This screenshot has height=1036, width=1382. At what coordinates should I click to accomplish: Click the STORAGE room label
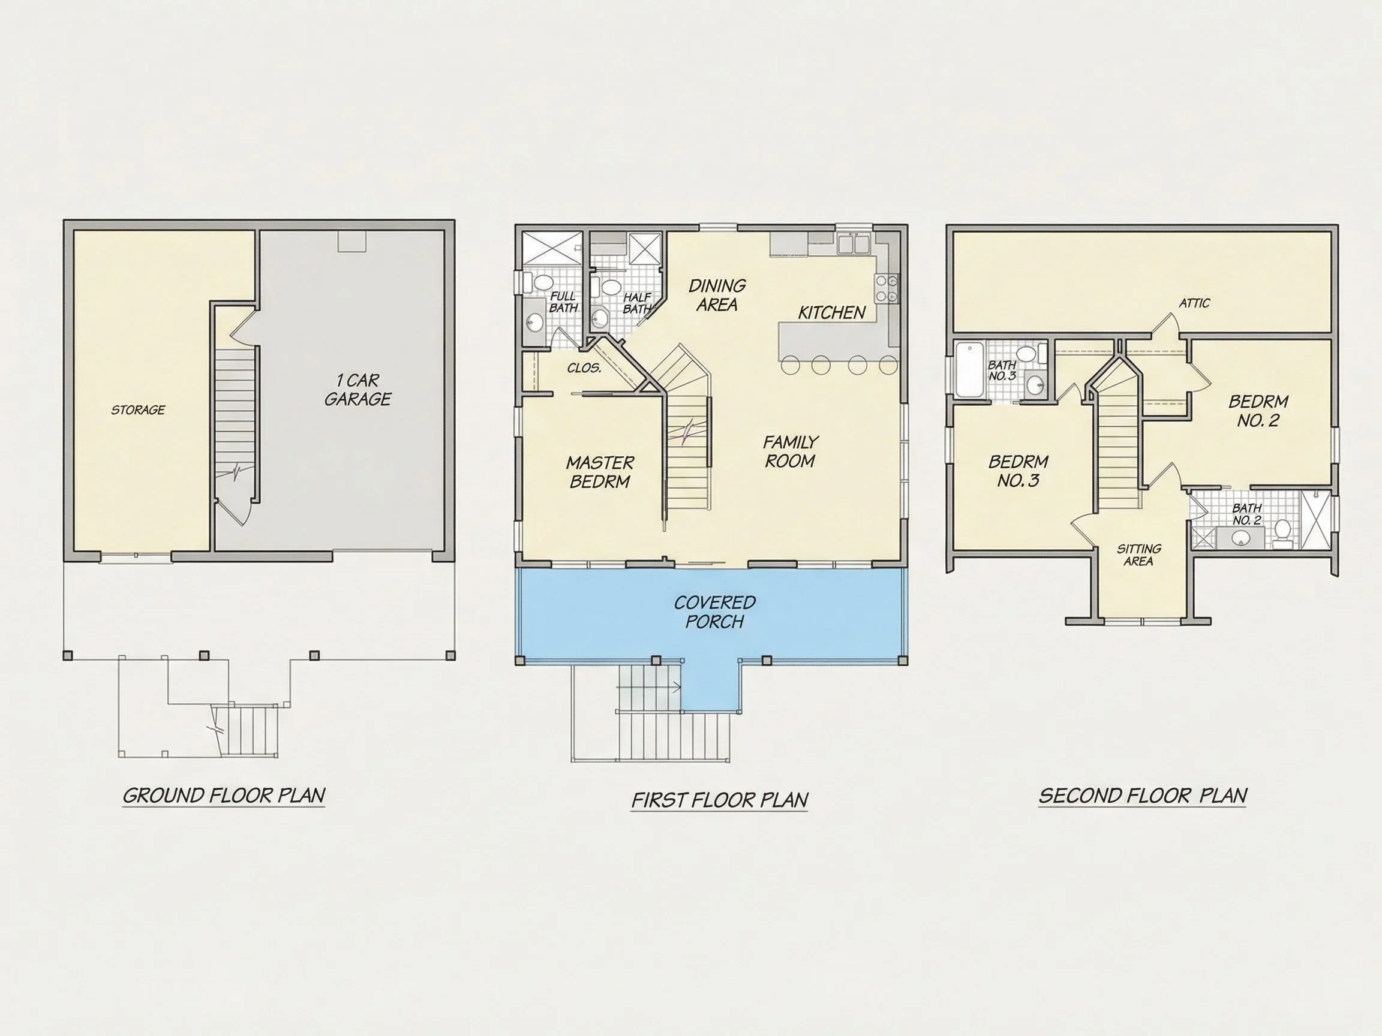coord(138,410)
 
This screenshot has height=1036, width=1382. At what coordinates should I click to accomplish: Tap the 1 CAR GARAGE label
coord(358,390)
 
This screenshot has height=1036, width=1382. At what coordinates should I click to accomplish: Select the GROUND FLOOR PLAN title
coord(224,796)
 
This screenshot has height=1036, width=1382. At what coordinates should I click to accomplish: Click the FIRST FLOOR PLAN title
coord(720,800)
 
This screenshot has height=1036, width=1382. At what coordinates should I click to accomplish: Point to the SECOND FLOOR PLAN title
coord(1143,796)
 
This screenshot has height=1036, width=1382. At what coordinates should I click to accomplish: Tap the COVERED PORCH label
coord(715,612)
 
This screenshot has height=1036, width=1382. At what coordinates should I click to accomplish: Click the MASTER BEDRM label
coord(600,472)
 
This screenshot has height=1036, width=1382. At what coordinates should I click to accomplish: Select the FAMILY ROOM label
coord(791,451)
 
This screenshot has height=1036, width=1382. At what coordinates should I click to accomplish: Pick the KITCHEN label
coord(832,313)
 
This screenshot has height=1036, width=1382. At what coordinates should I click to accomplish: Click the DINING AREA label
coord(717,296)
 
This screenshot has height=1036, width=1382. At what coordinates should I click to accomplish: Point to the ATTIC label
coord(1195,303)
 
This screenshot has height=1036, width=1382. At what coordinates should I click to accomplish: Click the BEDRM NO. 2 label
coord(1258,411)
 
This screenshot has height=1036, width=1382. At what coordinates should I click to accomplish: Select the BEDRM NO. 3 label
coord(1019,471)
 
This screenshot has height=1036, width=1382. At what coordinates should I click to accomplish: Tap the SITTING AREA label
coord(1139,555)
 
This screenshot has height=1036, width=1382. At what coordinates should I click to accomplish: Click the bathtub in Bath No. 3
coord(970,369)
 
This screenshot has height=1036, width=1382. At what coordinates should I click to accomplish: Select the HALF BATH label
coord(637,303)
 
